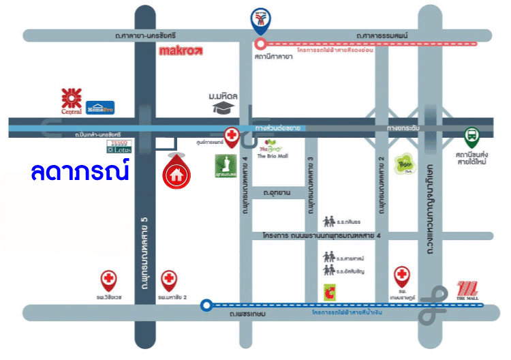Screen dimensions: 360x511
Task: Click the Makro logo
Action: tap(180, 50)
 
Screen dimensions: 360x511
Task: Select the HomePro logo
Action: tap(99, 107)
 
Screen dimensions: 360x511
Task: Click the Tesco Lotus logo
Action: tap(122, 145)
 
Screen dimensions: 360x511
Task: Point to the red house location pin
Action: tap(176, 170)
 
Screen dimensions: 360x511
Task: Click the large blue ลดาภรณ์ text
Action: tap(80, 170)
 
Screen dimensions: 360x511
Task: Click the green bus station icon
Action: tap(471, 136)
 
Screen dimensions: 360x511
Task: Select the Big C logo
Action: tap(330, 292)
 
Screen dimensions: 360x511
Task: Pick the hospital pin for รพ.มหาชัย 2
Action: tap(169, 280)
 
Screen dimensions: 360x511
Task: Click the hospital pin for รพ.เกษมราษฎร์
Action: tap(402, 277)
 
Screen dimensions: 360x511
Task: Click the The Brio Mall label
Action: tap(271, 156)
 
